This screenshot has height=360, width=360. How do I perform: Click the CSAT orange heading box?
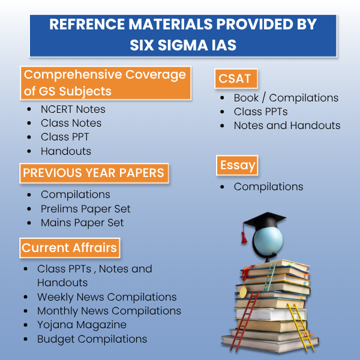tap(236, 79)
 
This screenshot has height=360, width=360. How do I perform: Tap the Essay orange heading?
tap(237, 166)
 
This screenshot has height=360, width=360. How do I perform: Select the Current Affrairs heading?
tap(70, 248)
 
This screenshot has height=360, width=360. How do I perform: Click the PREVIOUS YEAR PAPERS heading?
tap(94, 173)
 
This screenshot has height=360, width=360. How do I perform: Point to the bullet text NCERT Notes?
tap(73, 109)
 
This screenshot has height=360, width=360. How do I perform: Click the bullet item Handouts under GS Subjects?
tap(66, 151)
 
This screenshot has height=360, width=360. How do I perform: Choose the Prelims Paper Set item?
tap(85, 209)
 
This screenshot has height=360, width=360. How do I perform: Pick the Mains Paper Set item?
tap(82, 223)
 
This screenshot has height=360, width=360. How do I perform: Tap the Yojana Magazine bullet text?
tap(82, 325)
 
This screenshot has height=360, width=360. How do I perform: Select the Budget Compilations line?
tap(92, 339)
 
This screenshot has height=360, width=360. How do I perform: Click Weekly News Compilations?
tap(107, 297)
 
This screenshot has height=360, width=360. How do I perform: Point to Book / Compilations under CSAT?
tap(286, 98)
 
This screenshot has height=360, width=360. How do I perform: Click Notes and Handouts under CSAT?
tap(287, 125)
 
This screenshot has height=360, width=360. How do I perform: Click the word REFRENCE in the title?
tap(87, 24)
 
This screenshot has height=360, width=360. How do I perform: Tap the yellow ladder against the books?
tap(301, 327)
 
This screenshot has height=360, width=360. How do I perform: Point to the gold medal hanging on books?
tap(243, 292)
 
